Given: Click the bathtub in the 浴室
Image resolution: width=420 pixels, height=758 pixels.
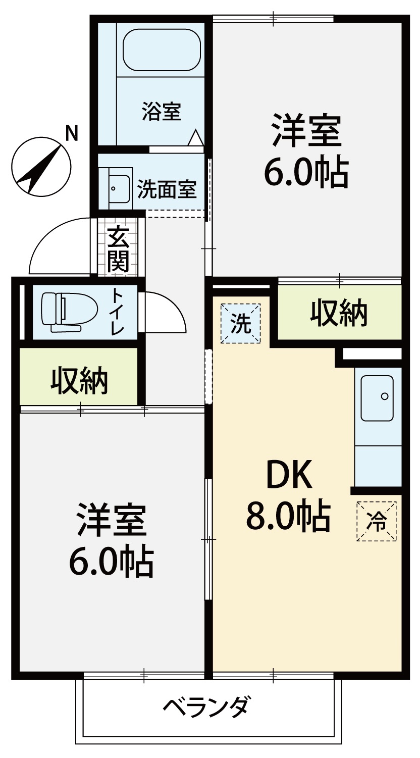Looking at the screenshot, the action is [x=162, y=50].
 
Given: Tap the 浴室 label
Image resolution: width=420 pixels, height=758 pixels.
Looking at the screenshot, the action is [x=162, y=111].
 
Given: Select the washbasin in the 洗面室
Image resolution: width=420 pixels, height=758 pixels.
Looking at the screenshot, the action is [x=119, y=189].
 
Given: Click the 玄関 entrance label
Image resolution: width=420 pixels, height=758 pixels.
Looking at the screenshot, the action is [x=118, y=249].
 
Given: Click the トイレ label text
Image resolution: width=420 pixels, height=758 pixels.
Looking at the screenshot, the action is [x=118, y=312].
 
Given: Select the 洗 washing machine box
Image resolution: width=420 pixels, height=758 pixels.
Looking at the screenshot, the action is [x=240, y=324].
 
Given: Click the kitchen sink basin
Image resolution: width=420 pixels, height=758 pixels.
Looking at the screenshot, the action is [x=377, y=398].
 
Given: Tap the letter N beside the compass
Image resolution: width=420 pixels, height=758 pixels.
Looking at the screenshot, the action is [x=71, y=133].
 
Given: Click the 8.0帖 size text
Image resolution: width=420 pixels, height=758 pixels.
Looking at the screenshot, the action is [x=288, y=516].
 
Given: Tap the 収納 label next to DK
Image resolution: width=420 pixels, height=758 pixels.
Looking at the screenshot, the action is [x=339, y=312].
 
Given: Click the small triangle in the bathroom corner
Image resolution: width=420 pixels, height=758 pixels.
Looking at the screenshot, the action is [x=195, y=138].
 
